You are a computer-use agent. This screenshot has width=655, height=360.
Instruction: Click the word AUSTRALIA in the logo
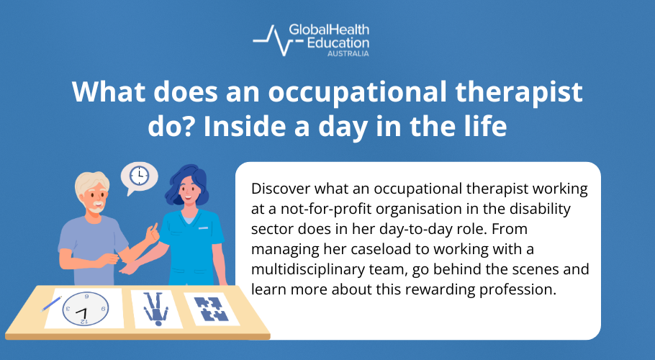(x=348, y=53)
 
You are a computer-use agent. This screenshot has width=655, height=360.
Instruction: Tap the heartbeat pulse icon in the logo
(x=278, y=40)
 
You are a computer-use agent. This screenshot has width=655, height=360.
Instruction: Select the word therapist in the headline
(x=519, y=93)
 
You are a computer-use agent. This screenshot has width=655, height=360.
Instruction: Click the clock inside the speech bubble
(x=139, y=176)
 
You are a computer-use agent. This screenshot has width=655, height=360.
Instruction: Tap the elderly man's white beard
(x=97, y=207)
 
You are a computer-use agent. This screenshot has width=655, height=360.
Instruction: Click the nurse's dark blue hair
(x=186, y=184)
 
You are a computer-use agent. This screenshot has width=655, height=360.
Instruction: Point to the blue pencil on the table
(x=51, y=304)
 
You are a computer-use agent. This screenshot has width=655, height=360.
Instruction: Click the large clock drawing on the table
(x=86, y=309)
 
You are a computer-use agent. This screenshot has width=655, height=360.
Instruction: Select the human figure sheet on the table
(x=156, y=309)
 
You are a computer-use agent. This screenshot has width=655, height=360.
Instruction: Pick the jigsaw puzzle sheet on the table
(x=212, y=309)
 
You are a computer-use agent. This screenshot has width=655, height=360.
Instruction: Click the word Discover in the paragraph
(x=281, y=189)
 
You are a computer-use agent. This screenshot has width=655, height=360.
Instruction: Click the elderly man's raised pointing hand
(x=152, y=233)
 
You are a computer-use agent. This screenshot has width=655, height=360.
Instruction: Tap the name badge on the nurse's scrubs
(x=204, y=228)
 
